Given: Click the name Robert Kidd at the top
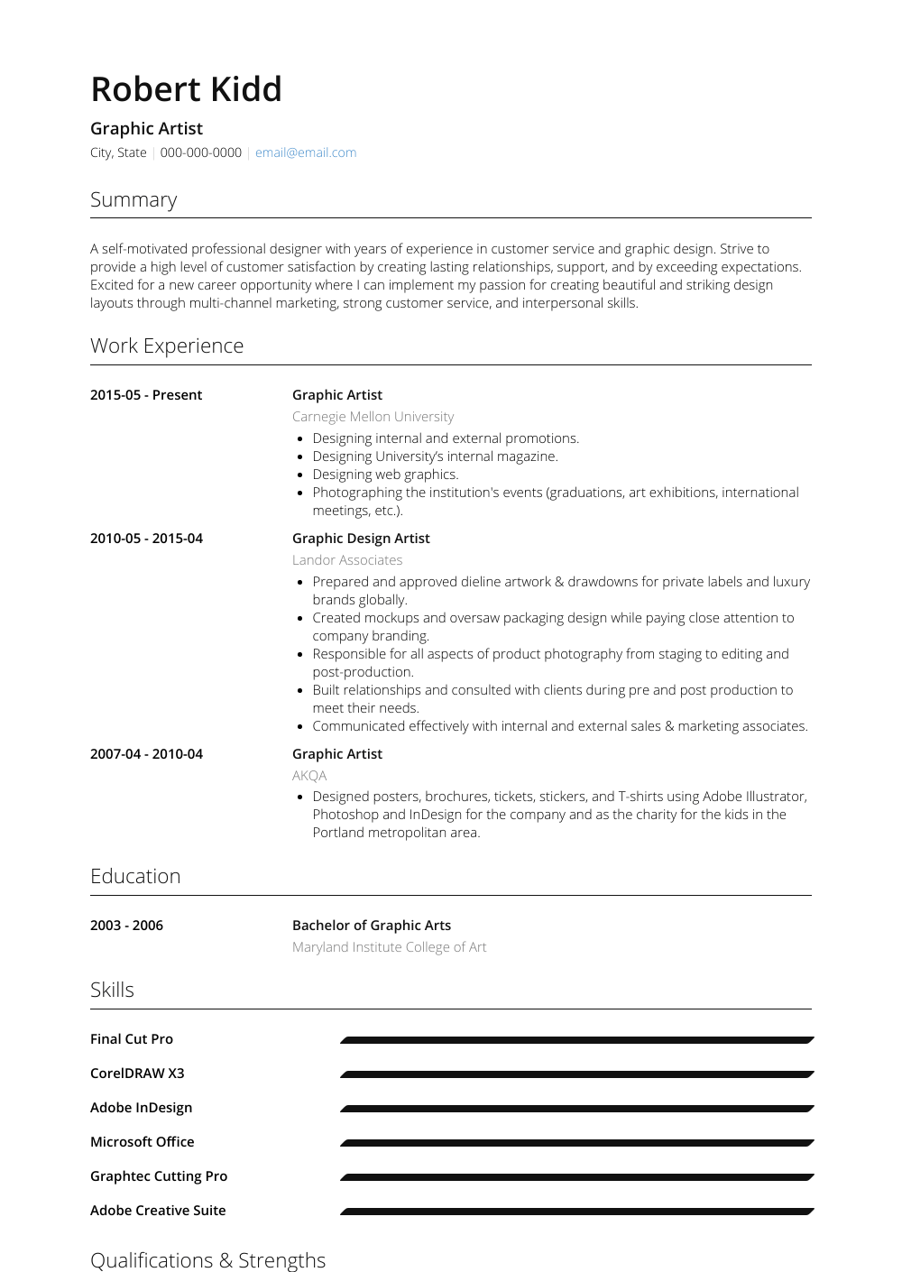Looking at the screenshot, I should point(186,89).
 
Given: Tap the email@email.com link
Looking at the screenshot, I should point(305,152).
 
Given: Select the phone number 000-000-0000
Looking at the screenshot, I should point(200,152).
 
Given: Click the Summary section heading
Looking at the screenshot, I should point(133,199).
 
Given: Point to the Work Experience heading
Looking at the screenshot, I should point(167,346).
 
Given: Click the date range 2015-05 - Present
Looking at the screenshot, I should point(146,395).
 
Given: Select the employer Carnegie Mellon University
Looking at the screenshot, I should point(373,417).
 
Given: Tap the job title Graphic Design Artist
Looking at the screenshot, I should point(361,539).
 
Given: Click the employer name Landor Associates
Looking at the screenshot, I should point(347,560).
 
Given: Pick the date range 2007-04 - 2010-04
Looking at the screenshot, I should point(146,754).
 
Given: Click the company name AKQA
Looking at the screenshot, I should point(309,776).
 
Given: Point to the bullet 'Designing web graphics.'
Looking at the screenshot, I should point(385,475).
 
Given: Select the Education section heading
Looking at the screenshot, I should point(135,876).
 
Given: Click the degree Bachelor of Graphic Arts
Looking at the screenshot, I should point(372,926).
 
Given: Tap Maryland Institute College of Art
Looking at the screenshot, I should point(389,947).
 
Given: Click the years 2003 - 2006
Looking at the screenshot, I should point(126,926).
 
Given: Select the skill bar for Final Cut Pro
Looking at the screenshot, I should point(577,1040).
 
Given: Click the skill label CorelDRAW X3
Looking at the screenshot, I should point(137,1074).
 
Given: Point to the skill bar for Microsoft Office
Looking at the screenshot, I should point(577,1143).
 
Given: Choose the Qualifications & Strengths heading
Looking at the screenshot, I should point(207,1260).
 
